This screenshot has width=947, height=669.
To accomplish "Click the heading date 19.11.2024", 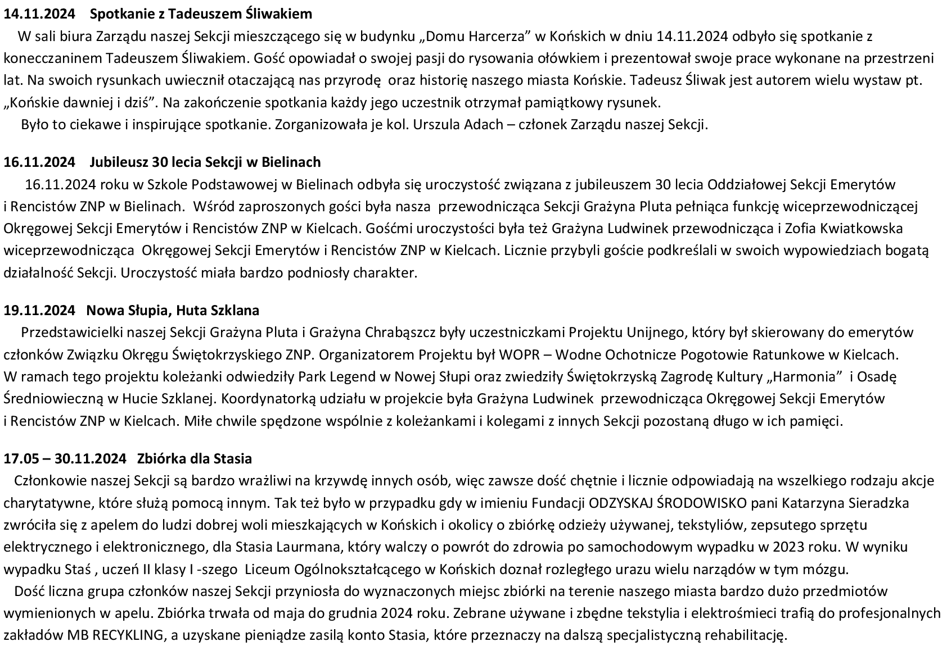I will (39, 311).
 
